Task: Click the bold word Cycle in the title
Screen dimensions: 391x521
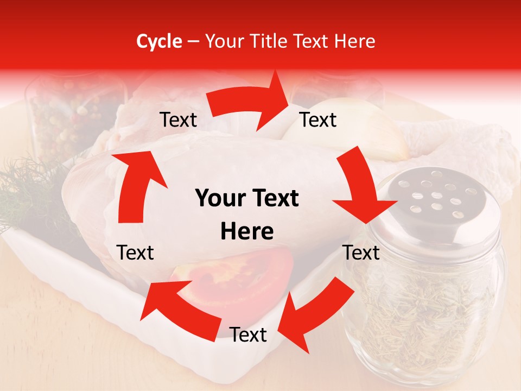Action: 159,41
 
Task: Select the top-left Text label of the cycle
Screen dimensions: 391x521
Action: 178,120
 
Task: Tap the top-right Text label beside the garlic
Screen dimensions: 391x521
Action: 318,119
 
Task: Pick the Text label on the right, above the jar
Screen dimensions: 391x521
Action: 361,253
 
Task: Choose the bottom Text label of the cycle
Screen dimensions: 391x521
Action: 248,335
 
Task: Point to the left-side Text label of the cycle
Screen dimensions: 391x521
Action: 135,253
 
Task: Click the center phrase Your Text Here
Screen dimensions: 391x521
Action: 247,215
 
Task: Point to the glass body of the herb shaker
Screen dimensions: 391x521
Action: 429,304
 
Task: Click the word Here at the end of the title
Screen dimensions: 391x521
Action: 353,41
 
